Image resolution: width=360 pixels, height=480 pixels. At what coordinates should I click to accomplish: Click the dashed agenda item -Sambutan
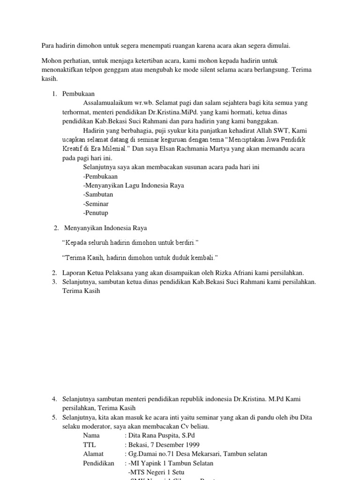point(98,195)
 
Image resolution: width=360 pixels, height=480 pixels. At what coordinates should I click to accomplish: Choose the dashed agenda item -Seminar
point(96,203)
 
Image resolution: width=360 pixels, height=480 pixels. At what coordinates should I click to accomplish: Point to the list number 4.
point(54,399)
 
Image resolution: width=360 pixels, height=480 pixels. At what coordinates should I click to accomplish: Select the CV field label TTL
point(90,444)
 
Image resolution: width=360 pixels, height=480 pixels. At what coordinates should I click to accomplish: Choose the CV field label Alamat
point(93,454)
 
